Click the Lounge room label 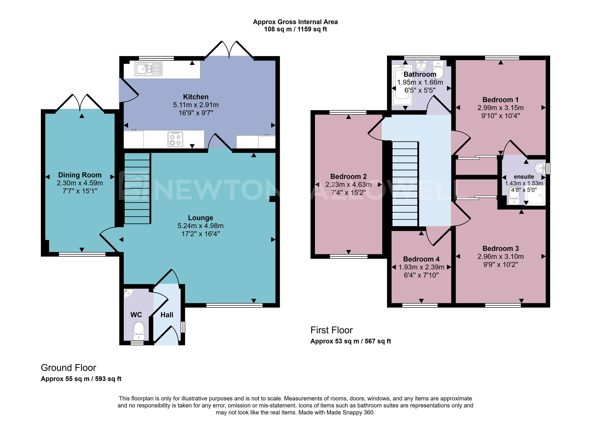coord(200,218)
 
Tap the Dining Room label coord(80,175)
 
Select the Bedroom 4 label coord(421,259)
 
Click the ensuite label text coord(524,177)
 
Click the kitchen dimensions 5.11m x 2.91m coord(196,105)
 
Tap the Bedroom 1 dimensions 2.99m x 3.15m coord(500,108)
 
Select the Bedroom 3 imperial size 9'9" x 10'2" coord(500,264)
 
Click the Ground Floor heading coord(69,368)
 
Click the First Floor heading coord(331,330)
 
